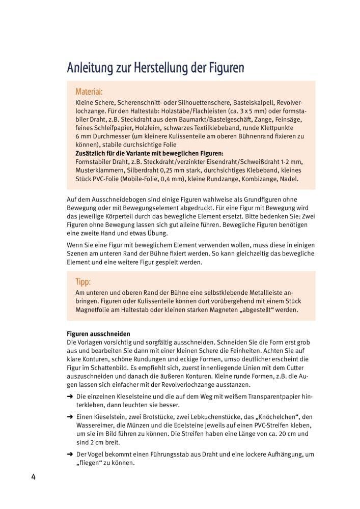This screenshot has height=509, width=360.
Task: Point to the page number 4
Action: pos(33,477)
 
